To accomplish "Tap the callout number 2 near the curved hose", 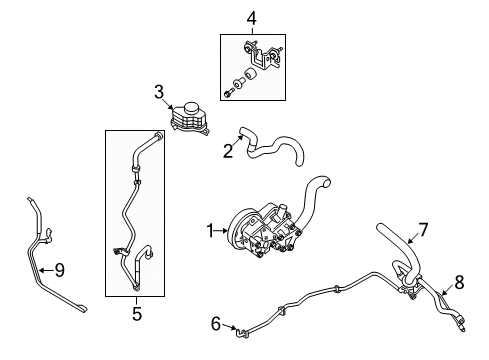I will [227, 151].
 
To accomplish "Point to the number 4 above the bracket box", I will [252, 17].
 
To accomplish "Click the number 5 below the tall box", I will [137, 314].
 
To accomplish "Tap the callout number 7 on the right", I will [423, 231].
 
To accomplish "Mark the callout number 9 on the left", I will [59, 269].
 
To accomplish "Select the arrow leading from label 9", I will [46, 269].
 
